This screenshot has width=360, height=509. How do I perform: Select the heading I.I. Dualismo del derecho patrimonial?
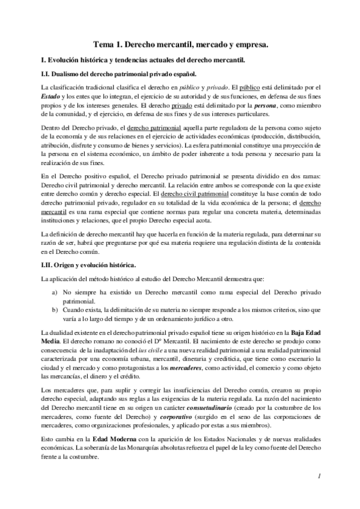pyautogui.click(x=117, y=74)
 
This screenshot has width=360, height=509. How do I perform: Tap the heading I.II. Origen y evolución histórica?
pyautogui.click(x=88, y=265)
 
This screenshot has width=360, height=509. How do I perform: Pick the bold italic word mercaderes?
pyautogui.click(x=188, y=367)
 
